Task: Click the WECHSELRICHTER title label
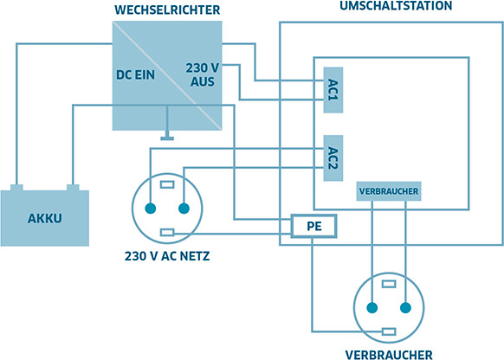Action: pos(167,10)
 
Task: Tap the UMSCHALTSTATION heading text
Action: pos(396,5)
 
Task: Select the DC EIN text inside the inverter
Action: pos(135,74)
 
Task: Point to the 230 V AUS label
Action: pos(203,74)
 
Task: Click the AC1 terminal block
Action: pos(333,90)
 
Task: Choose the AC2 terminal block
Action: pos(333,158)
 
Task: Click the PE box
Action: pos(314,226)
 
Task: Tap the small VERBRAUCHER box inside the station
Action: pos(389,191)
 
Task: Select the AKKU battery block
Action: pos(45,218)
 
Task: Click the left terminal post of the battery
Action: pos(16,188)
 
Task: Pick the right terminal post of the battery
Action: pos(73,188)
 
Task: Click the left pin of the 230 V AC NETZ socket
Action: pos(151,209)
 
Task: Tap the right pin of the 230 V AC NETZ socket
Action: pos(184,209)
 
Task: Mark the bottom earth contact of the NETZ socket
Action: pos(167,232)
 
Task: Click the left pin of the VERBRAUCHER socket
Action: pos(372,308)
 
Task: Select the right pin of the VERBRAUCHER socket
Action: pos(405,308)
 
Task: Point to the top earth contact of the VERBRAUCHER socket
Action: pos(389,284)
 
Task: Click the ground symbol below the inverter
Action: pos(167,138)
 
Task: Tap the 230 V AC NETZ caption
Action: pos(167,256)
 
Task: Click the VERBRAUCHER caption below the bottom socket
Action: pos(389,355)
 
